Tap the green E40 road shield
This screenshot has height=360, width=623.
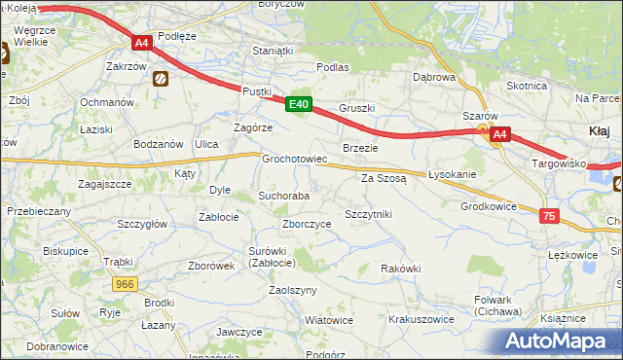coord(299,104)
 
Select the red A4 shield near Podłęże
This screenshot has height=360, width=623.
coord(141,43)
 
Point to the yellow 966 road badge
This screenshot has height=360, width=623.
coord(124,284)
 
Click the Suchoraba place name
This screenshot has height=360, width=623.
coord(283,196)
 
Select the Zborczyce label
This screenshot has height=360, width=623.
coord(307,223)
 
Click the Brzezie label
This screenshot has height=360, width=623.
coord(359,147)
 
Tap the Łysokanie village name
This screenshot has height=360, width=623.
coord(452,174)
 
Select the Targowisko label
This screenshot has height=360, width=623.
coord(558,163)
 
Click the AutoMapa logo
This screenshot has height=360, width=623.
coord(558,342)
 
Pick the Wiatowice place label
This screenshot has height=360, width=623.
coord(328,319)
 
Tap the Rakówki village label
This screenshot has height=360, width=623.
coord(400,269)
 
